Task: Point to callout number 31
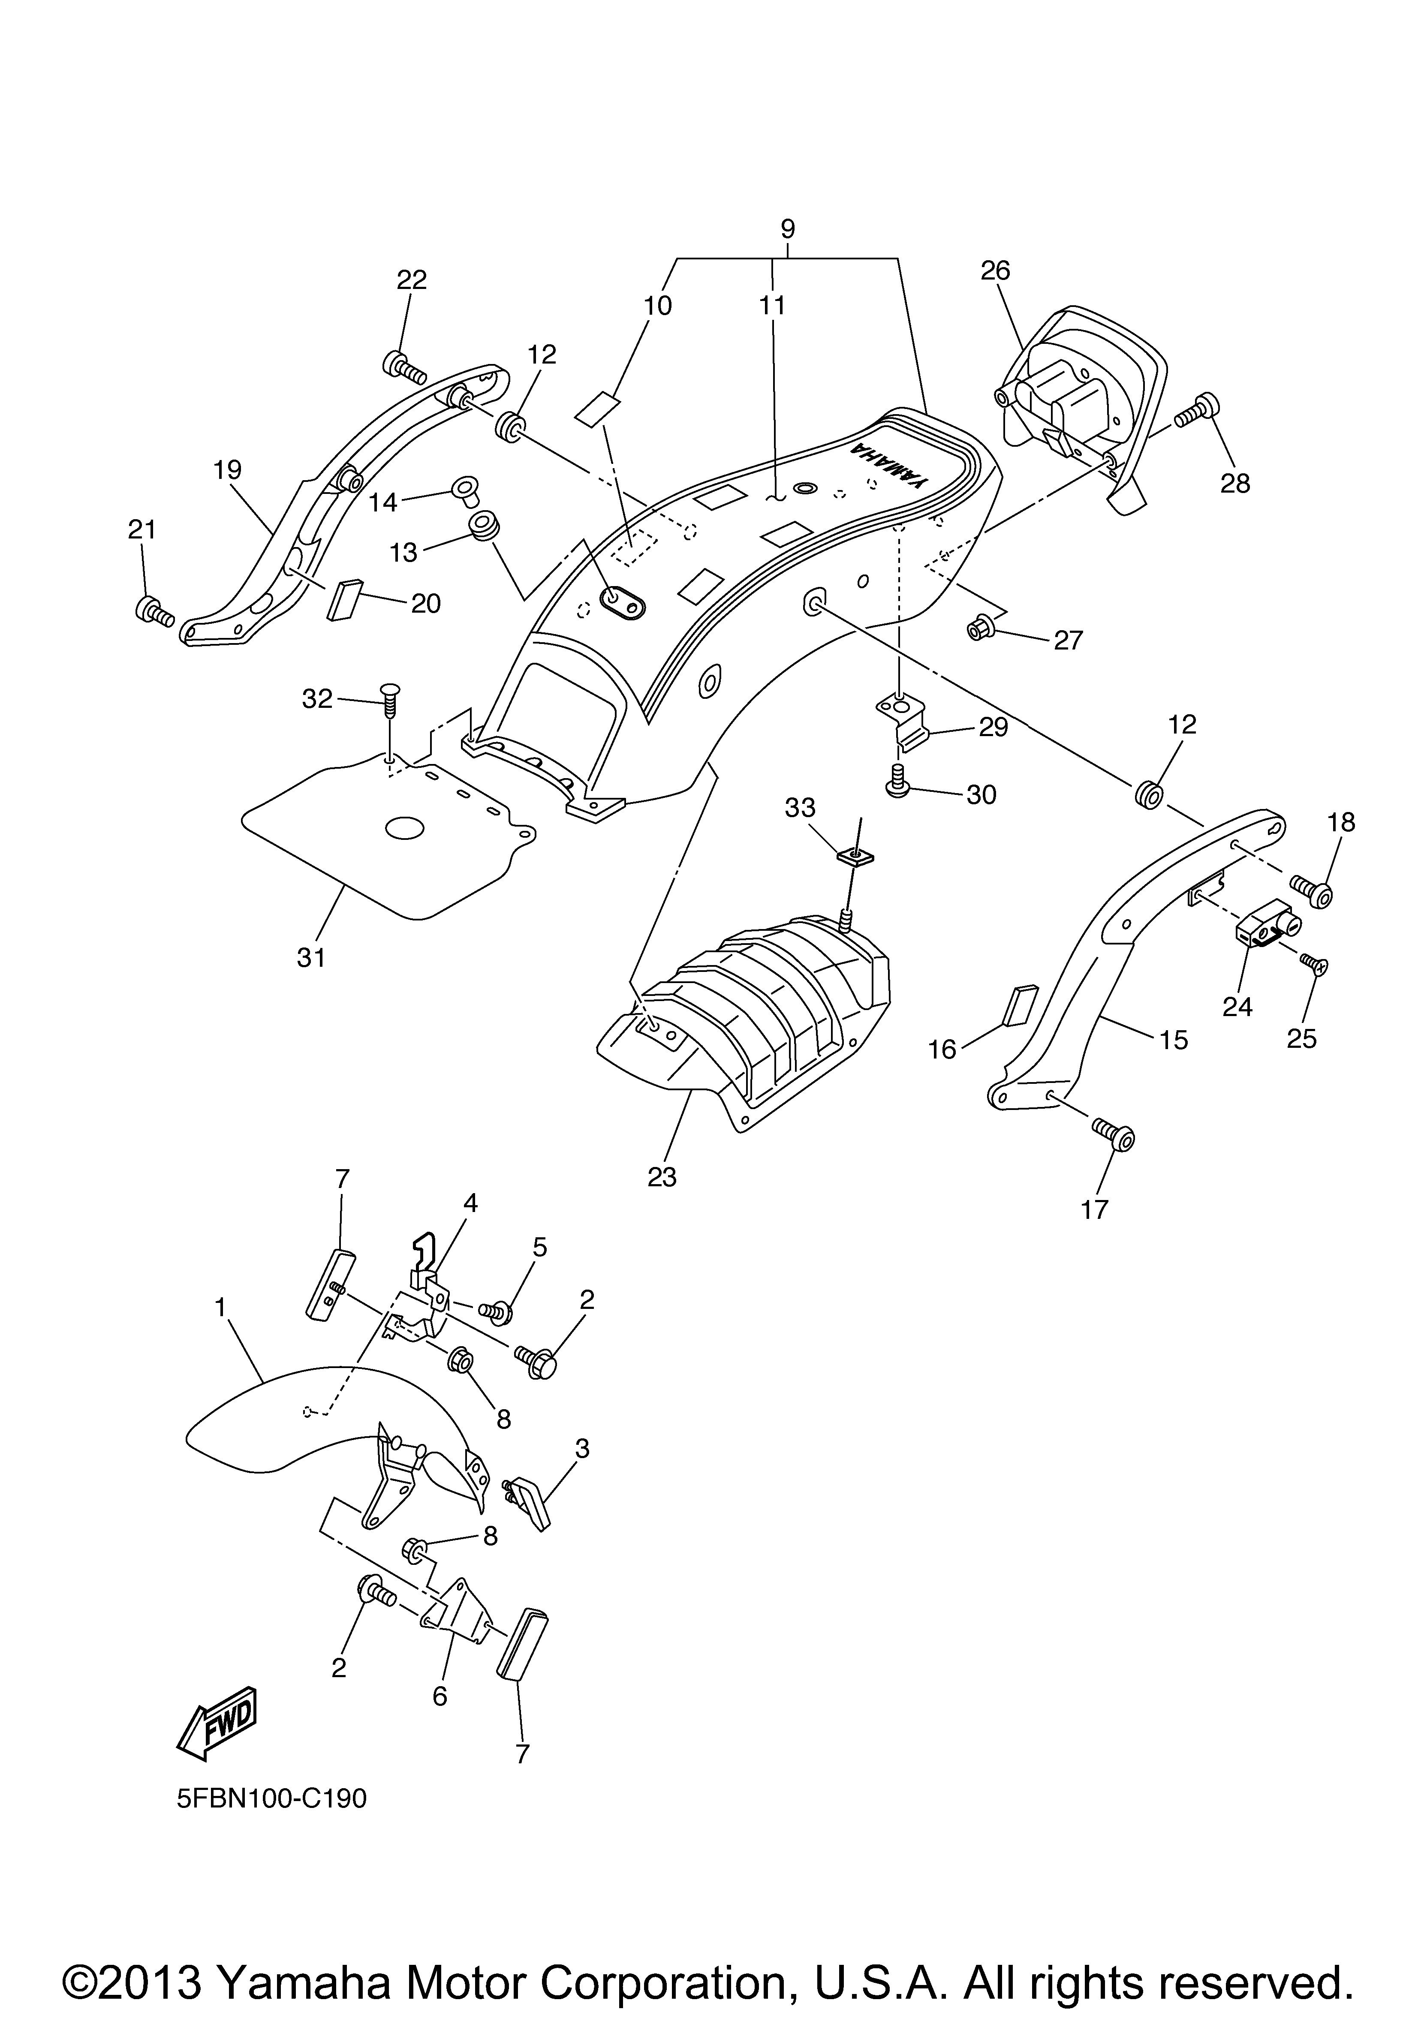pyautogui.click(x=311, y=957)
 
